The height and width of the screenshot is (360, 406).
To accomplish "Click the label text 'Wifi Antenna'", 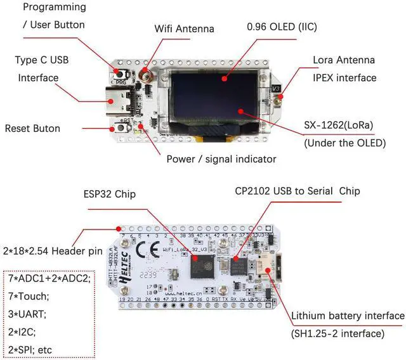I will point(185,29).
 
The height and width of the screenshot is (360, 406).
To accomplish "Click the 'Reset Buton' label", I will point(32,128).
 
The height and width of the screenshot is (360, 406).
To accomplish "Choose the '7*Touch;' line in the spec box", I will point(30,295).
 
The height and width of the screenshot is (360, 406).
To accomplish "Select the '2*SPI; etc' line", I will point(35,348).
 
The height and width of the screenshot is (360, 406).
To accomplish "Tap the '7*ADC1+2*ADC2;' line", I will point(49,278).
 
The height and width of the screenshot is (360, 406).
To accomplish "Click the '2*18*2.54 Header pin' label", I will point(52,251).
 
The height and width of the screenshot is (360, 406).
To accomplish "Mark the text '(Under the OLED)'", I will point(345,143).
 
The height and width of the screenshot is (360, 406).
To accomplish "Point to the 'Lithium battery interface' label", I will point(347,316).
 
